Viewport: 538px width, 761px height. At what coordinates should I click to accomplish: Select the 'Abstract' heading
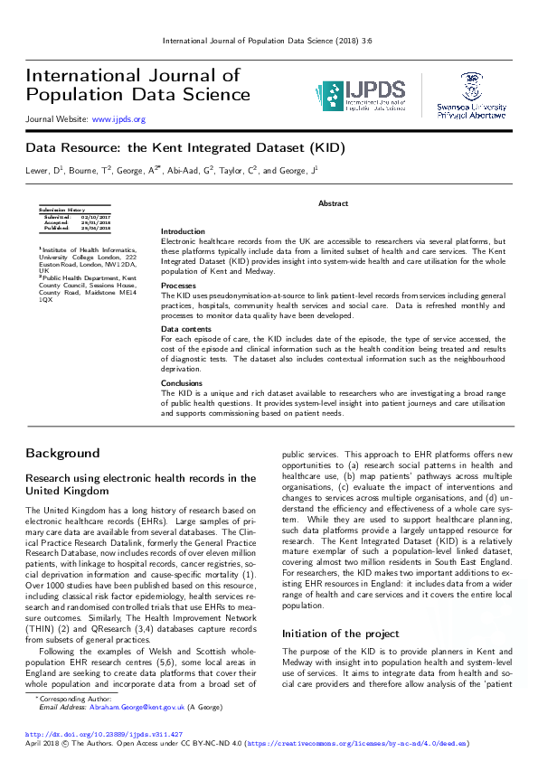333,203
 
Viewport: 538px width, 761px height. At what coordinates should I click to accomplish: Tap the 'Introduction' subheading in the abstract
183,231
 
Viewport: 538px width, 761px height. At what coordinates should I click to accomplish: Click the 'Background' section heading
62,452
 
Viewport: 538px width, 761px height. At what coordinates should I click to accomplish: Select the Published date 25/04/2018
96,228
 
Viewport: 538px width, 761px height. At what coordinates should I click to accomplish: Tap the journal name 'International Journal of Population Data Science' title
137,84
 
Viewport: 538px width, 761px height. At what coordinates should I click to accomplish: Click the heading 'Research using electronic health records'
141,484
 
